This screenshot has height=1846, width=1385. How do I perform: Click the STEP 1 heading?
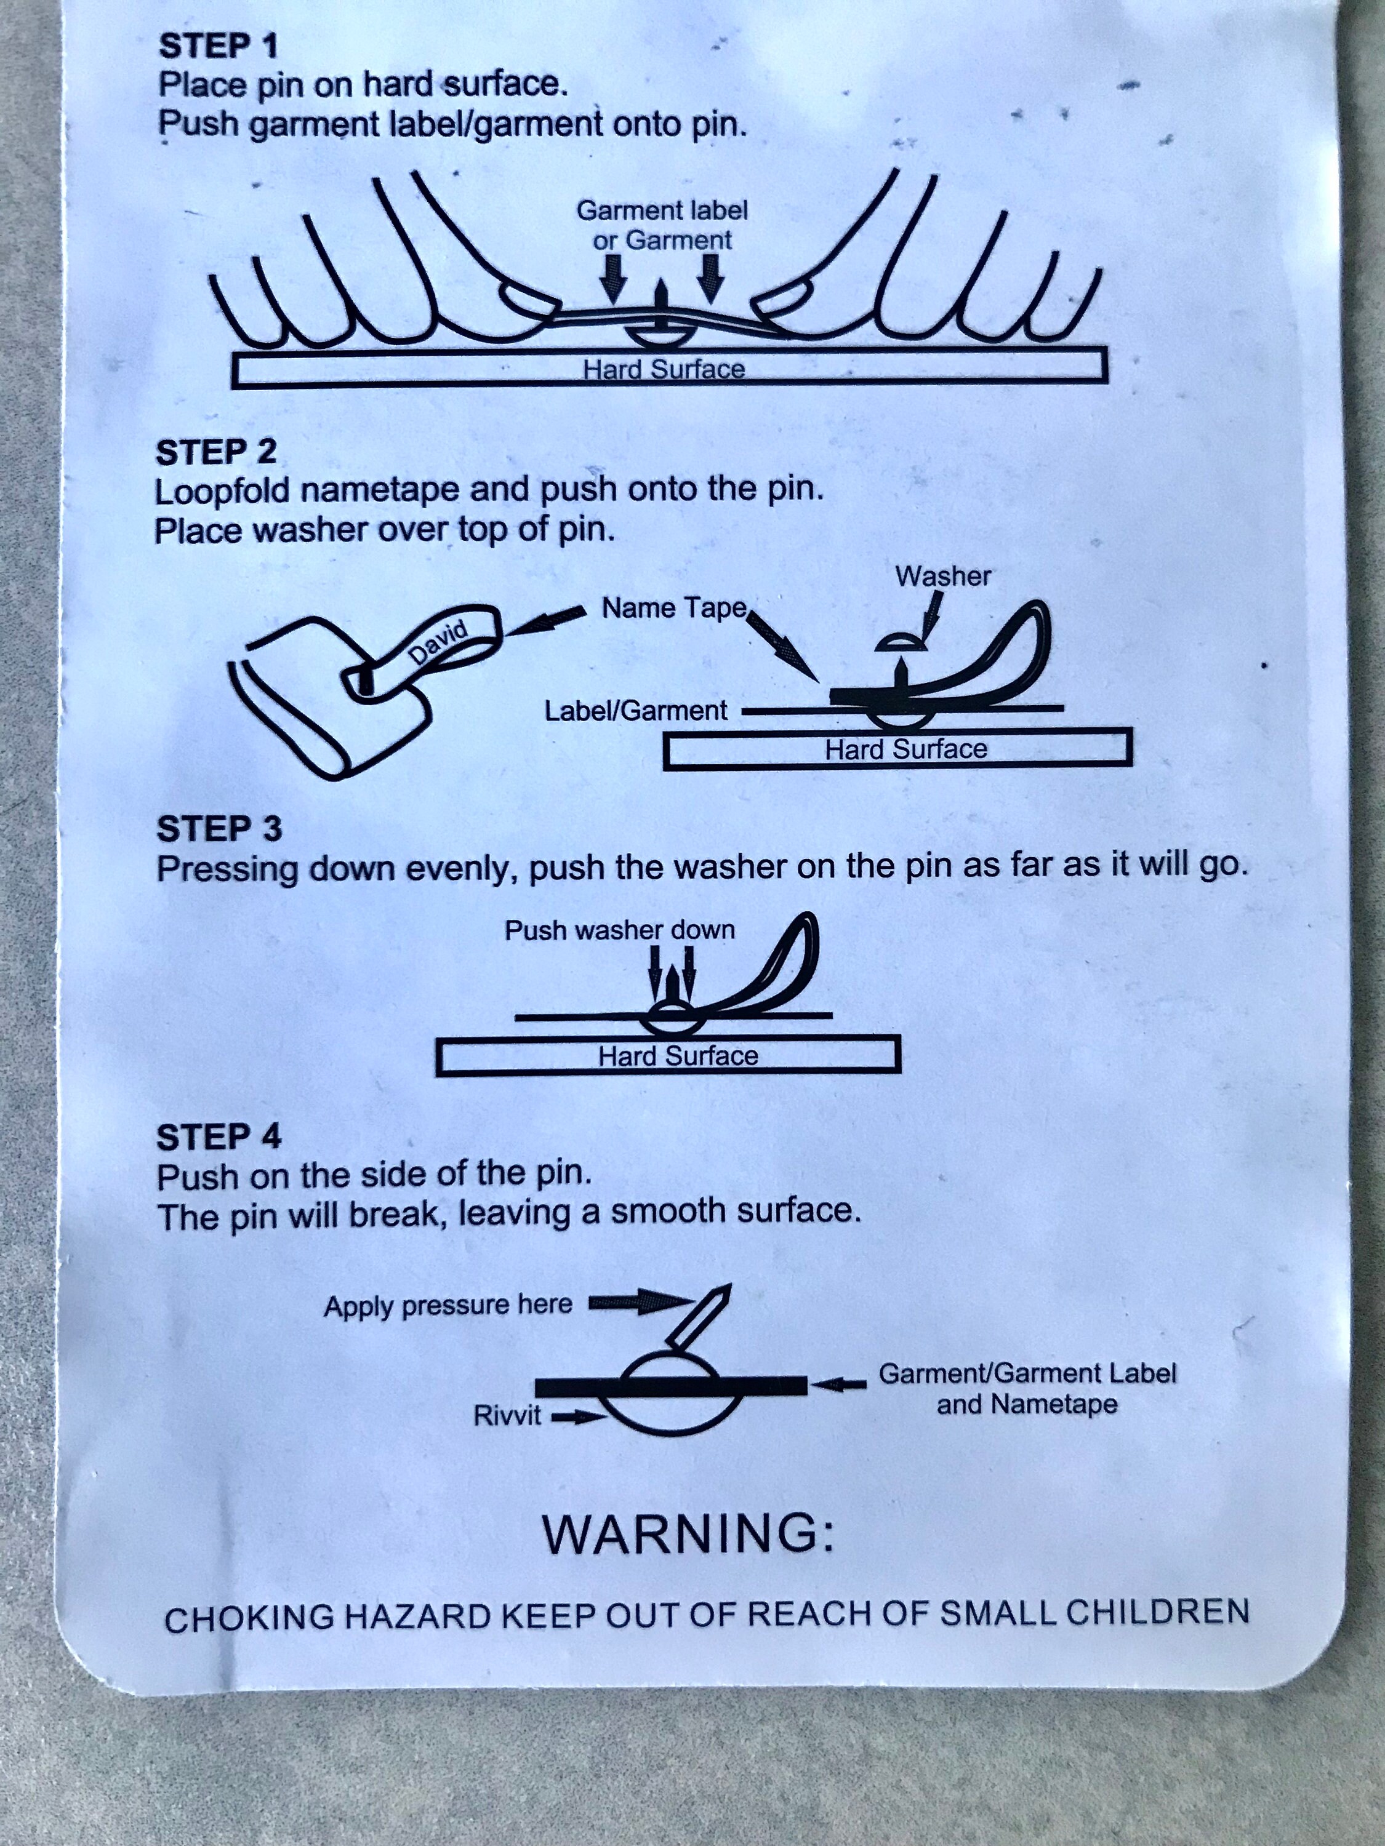pos(218,46)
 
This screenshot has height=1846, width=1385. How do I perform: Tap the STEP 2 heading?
pos(215,452)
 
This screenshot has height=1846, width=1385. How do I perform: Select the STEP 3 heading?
pos(219,829)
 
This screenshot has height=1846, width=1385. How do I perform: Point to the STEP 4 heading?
pos(219,1137)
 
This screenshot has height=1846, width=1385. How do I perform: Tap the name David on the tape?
pos(438,642)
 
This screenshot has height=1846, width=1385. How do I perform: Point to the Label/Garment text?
pos(635,711)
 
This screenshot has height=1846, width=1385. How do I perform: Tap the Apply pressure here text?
pos(448,1305)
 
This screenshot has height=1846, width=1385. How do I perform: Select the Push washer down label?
pos(619,930)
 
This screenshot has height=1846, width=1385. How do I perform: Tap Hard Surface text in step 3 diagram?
pos(678,1056)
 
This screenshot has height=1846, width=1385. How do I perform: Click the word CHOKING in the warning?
pos(248,1620)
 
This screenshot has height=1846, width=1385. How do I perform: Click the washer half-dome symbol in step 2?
pos(900,642)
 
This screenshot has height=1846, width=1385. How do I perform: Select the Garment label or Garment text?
pos(662,225)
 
